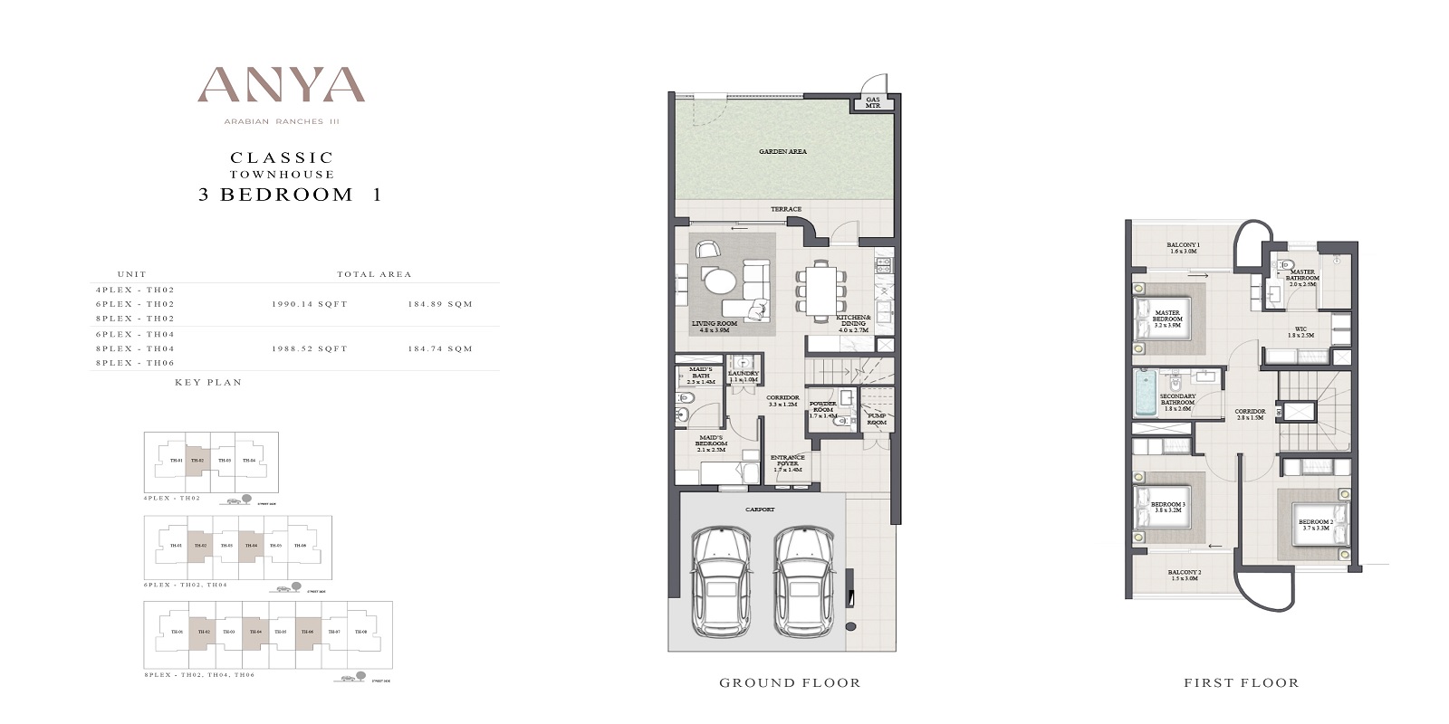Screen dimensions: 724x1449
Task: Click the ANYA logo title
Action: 281,86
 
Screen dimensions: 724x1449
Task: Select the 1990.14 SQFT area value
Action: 309,305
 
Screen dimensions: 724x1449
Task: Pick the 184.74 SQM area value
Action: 440,348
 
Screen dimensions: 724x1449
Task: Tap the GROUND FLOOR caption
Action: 790,682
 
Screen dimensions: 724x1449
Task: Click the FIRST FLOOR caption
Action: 1241,682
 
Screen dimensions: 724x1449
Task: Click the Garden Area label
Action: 783,152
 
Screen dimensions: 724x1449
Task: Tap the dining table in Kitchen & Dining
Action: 822,290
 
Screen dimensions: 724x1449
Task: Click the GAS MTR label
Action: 873,103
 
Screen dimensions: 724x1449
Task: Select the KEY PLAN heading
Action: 208,383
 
